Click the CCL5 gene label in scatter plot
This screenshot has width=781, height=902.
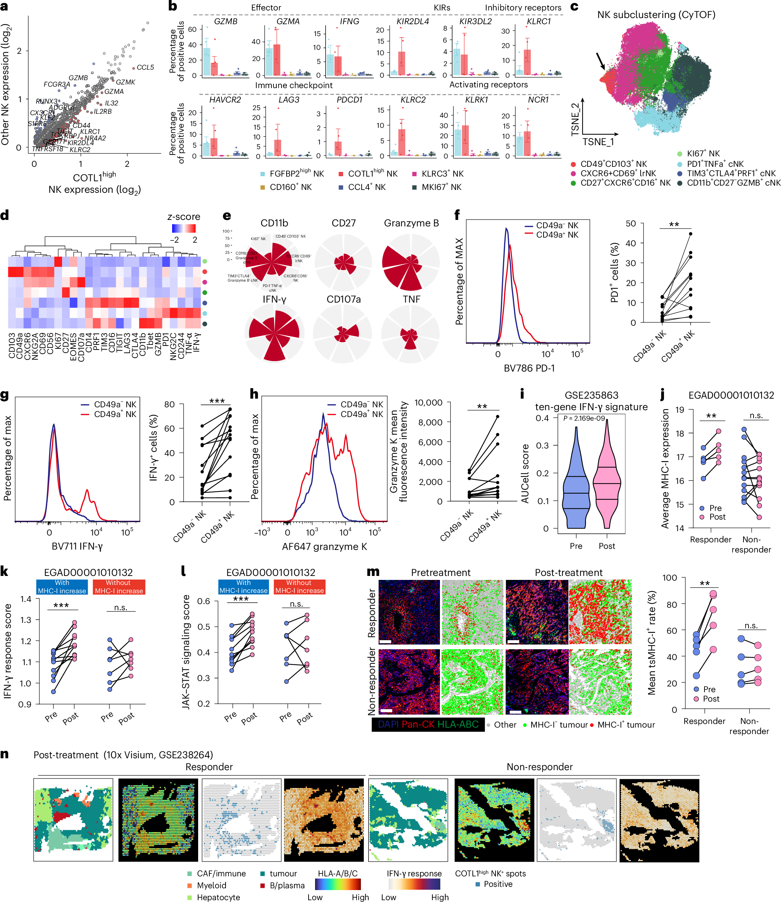click(x=145, y=68)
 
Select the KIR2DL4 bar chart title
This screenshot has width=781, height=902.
click(x=412, y=21)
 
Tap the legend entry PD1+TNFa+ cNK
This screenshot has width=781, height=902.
click(x=715, y=164)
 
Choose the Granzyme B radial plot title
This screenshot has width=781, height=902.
click(x=411, y=223)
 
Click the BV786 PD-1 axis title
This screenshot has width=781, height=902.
click(x=529, y=368)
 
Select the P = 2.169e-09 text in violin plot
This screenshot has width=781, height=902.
click(x=590, y=418)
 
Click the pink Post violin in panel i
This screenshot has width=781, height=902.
click(x=607, y=484)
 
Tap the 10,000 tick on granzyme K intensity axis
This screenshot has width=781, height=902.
click(x=428, y=402)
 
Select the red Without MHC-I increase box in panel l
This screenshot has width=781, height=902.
click(x=300, y=587)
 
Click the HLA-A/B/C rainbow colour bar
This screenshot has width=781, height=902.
click(x=337, y=884)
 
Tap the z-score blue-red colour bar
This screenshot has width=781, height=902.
click(x=183, y=229)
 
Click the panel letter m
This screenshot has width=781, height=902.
click(x=373, y=572)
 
